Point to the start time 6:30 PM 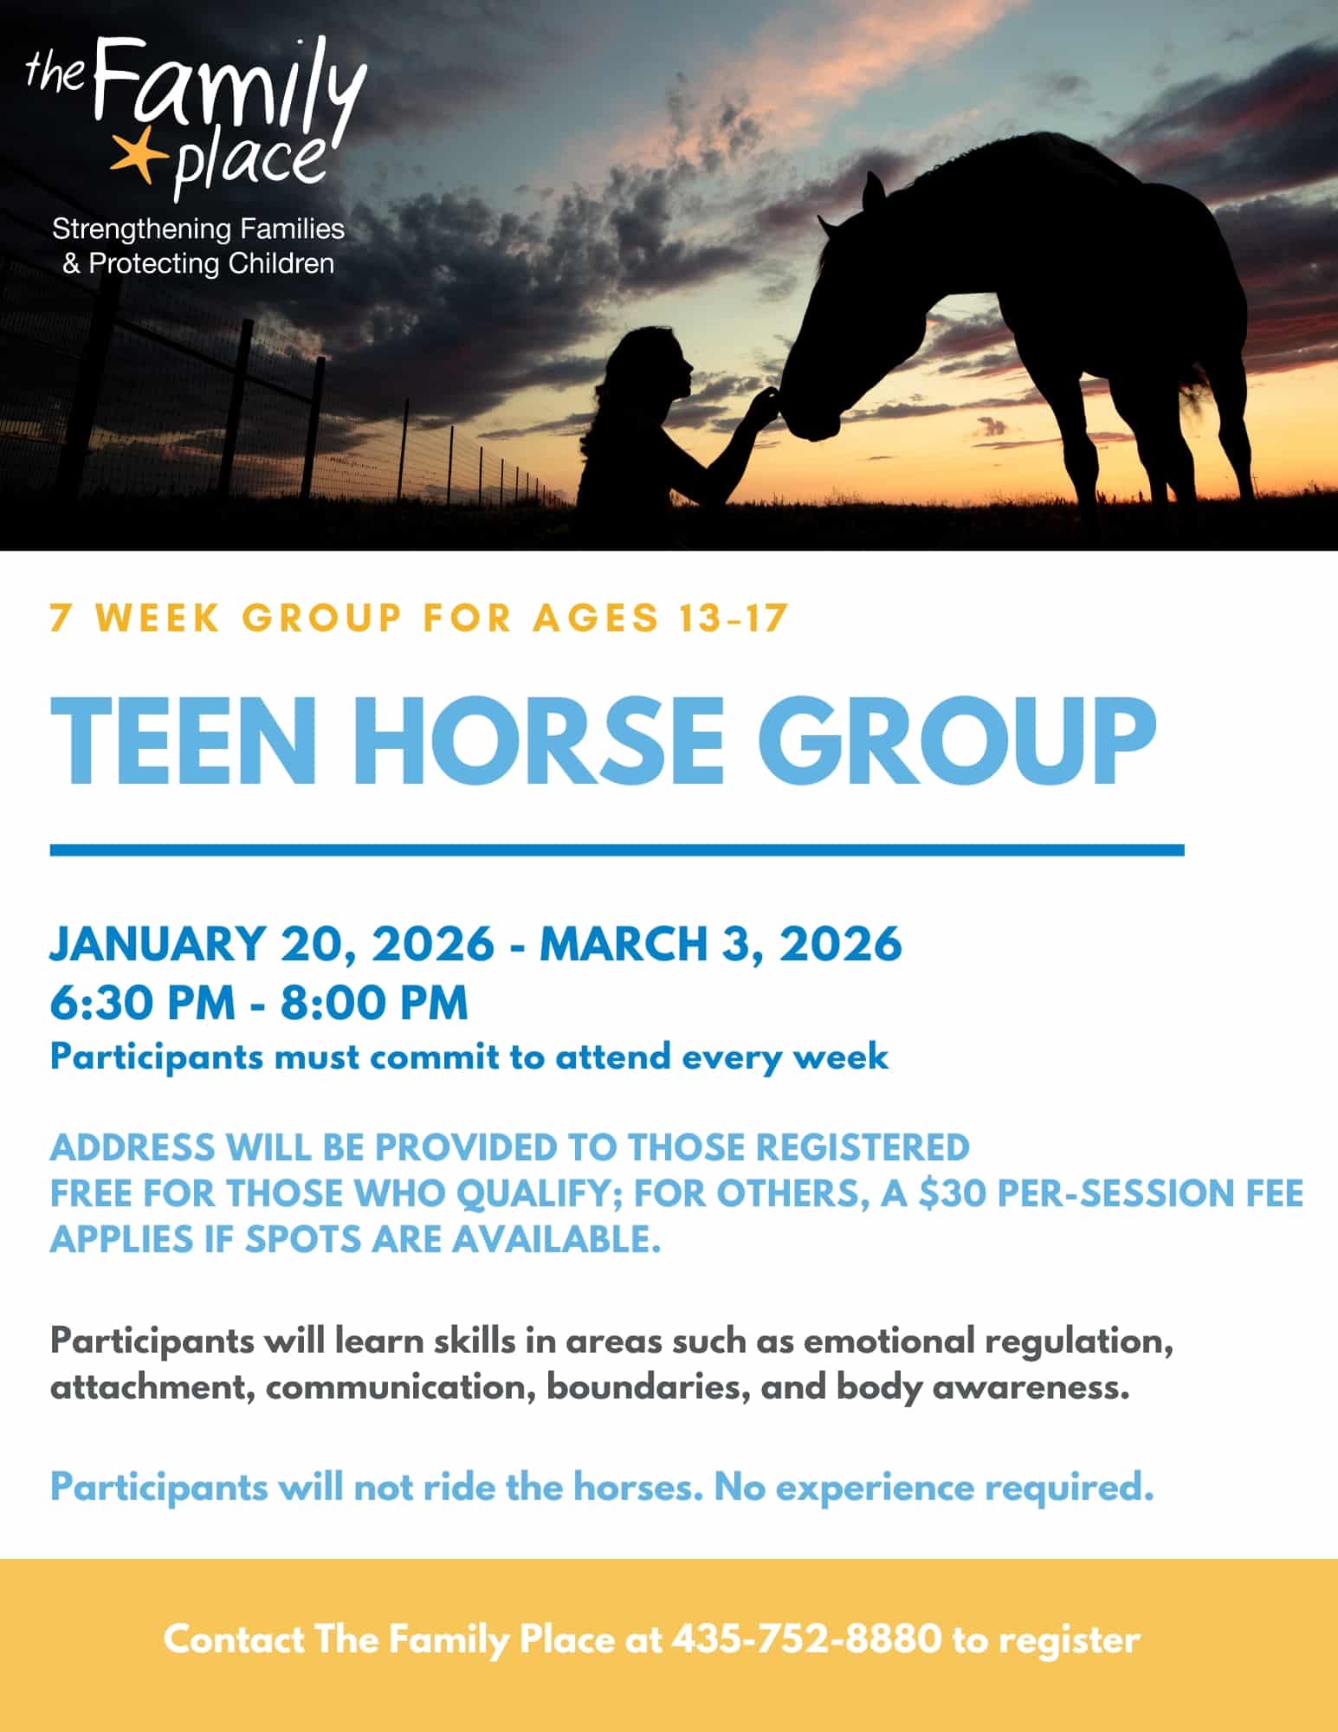pos(143,1003)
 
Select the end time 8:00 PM pos(373,1003)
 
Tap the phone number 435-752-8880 pos(806,1639)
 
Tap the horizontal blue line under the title pos(617,850)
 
